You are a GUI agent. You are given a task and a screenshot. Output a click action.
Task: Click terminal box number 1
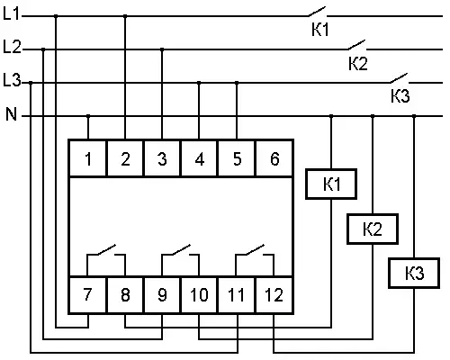point(88,158)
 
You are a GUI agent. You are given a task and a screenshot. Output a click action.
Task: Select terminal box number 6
point(274,158)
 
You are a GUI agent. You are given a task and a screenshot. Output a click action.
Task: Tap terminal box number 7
point(88,294)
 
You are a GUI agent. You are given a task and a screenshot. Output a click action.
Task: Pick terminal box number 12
point(274,294)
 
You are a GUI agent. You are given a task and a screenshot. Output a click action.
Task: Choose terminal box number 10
point(199,294)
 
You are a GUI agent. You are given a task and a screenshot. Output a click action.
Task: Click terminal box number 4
point(199,158)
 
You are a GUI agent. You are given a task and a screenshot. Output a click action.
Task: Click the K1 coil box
point(331,184)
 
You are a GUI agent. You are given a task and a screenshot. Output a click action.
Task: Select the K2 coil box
point(373,229)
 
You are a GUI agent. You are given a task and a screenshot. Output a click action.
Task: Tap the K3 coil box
point(414,273)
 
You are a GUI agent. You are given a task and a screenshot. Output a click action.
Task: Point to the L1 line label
point(11,13)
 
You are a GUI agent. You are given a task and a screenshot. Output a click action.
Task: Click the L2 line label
point(12,47)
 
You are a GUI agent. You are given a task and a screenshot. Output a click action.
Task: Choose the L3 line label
point(12,80)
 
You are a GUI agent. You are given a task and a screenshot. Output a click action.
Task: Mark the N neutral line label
point(11,114)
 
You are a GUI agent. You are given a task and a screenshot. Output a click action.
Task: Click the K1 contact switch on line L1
point(317,12)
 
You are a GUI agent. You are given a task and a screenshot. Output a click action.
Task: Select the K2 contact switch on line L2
point(357,45)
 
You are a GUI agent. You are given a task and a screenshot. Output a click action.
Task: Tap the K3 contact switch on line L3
point(400,78)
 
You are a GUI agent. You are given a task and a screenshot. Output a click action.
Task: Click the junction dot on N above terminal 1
point(88,116)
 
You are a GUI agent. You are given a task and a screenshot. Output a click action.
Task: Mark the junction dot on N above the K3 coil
point(414,116)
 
